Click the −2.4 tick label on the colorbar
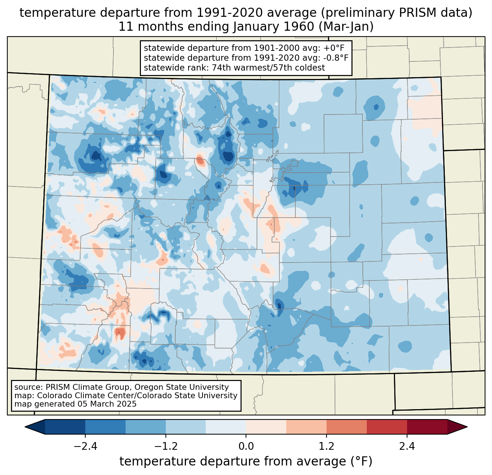[x=85, y=446]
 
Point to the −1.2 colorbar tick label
[x=165, y=446]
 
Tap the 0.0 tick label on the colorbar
[x=246, y=446]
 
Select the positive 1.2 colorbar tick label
[x=327, y=446]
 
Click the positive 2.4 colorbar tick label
[x=407, y=446]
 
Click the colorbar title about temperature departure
[x=246, y=461]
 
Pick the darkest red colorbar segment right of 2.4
[x=427, y=427]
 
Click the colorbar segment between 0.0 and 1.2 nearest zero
[x=266, y=427]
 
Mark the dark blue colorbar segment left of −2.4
[x=65, y=427]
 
